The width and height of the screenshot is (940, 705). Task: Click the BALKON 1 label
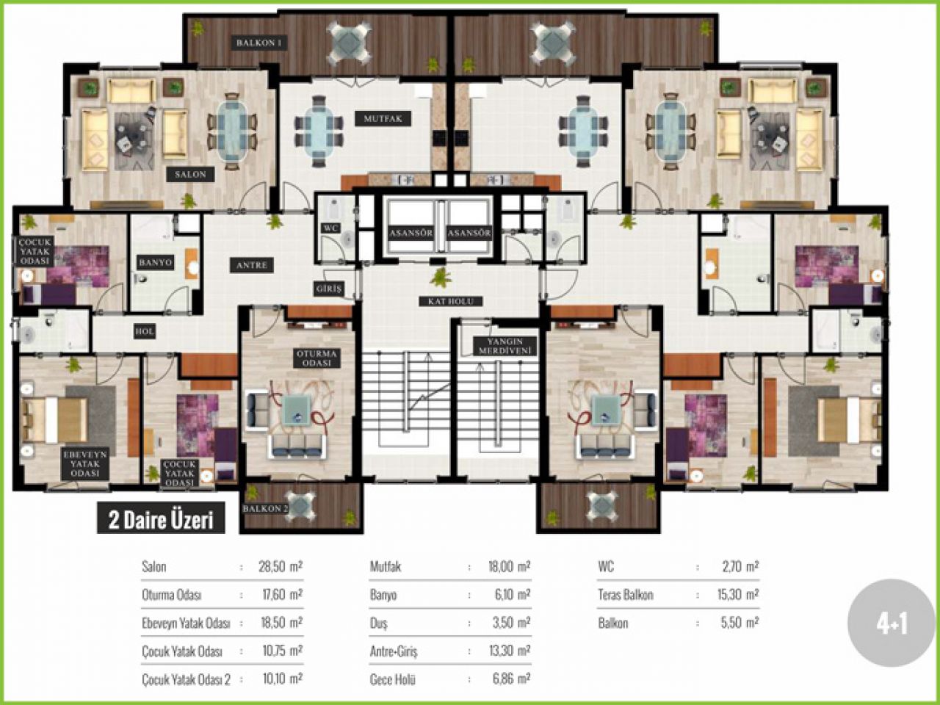pyautogui.click(x=259, y=43)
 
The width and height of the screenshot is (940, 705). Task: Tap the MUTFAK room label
pyautogui.click(x=383, y=118)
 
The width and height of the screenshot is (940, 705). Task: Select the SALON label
pyautogui.click(x=190, y=174)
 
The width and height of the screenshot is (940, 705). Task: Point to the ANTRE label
pyautogui.click(x=252, y=265)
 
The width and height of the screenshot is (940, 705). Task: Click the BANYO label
pyautogui.click(x=156, y=262)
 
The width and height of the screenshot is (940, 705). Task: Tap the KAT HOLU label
pyautogui.click(x=450, y=301)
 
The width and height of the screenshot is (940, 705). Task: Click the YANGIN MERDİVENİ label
pyautogui.click(x=505, y=347)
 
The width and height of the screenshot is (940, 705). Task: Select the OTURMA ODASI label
pyautogui.click(x=317, y=358)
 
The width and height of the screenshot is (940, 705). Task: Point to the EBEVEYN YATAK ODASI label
pyautogui.click(x=85, y=463)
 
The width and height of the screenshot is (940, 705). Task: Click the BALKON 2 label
pyautogui.click(x=266, y=508)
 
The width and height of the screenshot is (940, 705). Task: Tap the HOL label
pyautogui.click(x=145, y=331)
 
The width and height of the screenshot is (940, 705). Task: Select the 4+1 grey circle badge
pyautogui.click(x=892, y=623)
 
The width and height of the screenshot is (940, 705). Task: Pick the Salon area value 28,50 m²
pyautogui.click(x=281, y=567)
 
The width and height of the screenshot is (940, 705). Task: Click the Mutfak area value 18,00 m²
pyautogui.click(x=509, y=567)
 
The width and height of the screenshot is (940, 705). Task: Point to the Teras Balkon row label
pyautogui.click(x=626, y=595)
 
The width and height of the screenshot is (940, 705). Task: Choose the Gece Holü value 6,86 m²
pyautogui.click(x=511, y=679)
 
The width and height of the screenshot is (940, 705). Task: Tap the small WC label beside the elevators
pyautogui.click(x=330, y=228)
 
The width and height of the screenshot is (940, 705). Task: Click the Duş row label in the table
pyautogui.click(x=378, y=623)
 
